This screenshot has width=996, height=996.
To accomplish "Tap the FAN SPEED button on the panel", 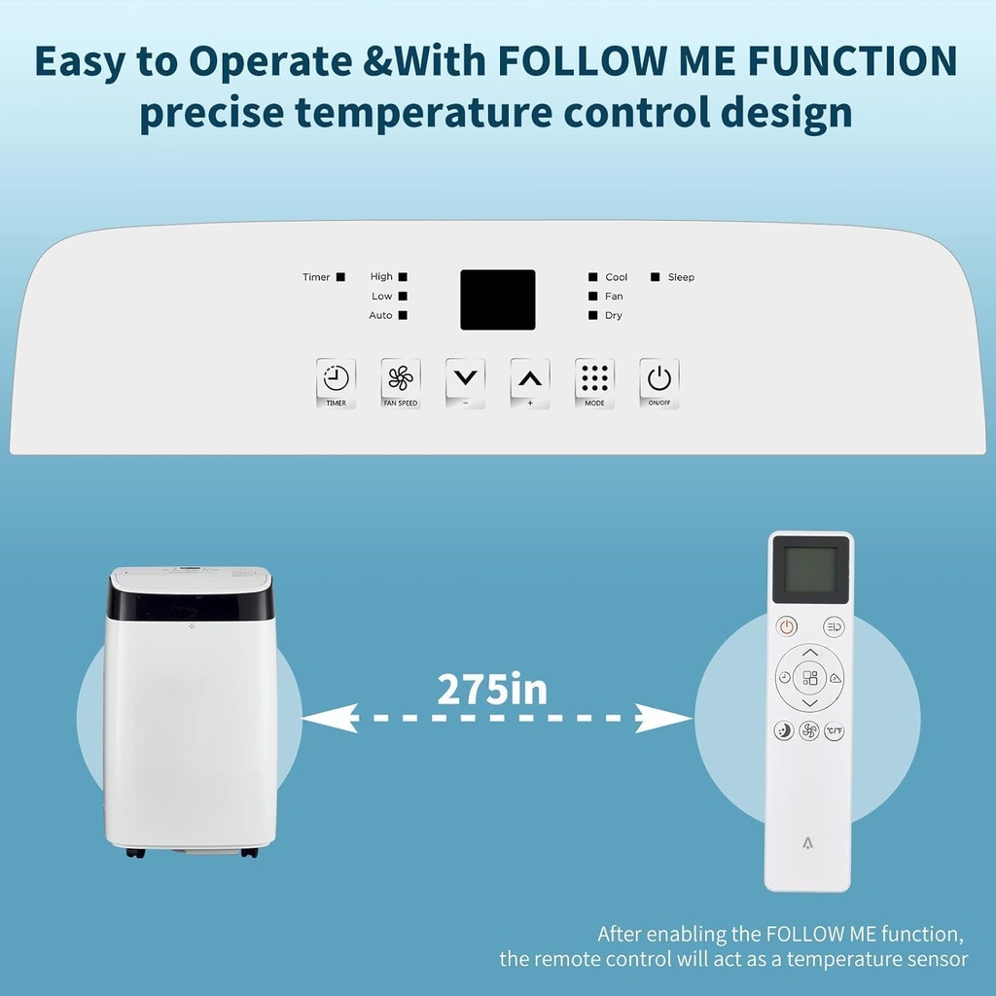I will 400,382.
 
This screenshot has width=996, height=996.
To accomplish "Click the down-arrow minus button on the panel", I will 465,382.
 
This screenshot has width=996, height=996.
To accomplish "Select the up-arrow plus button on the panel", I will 530,382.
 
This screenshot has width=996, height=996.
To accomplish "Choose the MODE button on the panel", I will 594,382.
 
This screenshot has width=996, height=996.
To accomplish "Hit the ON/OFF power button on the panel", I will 659,382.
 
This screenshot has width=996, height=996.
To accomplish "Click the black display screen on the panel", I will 498,300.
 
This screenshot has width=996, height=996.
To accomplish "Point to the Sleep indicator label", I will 681,278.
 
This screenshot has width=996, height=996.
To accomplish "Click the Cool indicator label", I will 617,278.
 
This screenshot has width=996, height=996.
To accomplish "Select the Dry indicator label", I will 614,316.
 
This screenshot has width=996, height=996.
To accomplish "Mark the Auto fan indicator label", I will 380,316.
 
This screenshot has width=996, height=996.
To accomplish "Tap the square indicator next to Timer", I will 340,278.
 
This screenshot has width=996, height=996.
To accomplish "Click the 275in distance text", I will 492,690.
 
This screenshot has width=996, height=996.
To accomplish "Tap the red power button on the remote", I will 786,627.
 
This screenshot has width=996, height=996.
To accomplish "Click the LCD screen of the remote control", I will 810,573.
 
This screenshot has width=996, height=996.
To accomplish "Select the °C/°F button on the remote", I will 835,730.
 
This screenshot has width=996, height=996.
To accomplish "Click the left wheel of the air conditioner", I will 136,853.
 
